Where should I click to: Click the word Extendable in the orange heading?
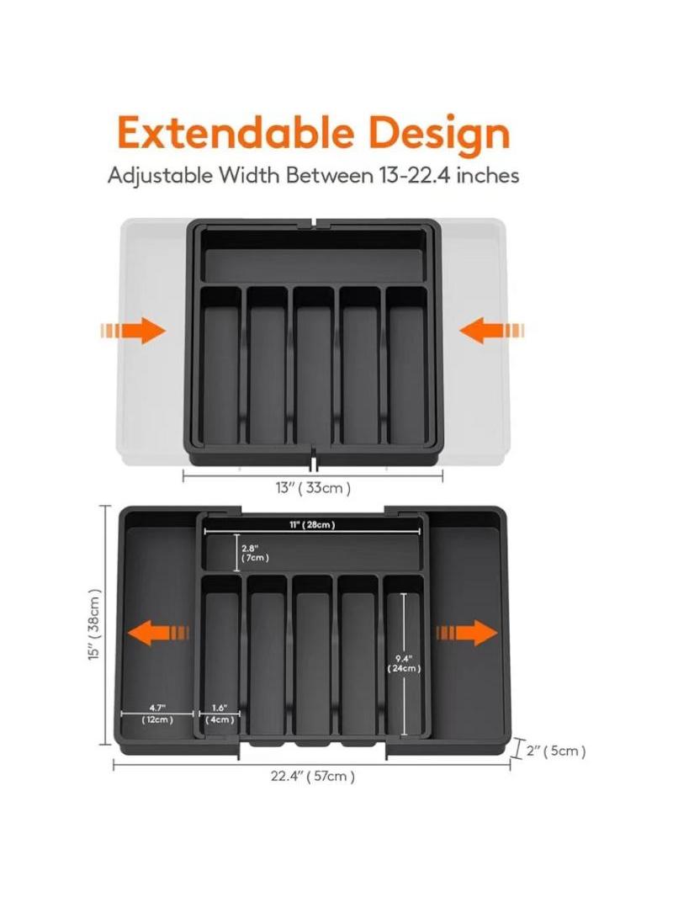click(x=236, y=133)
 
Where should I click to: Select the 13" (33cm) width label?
click(x=313, y=488)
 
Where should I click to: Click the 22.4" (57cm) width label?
click(x=313, y=777)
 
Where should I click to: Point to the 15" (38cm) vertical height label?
click(x=95, y=624)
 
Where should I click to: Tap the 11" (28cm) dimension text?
click(x=311, y=525)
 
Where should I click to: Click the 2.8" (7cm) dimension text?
click(x=254, y=553)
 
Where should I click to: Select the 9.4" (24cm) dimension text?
click(x=404, y=664)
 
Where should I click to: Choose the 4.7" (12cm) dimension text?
click(x=157, y=714)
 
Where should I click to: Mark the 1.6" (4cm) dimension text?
click(x=220, y=714)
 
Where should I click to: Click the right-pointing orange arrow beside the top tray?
click(x=133, y=331)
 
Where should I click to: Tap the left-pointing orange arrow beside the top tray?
click(x=492, y=331)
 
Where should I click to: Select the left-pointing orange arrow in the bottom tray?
click(x=158, y=633)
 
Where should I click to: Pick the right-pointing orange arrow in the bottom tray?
click(x=467, y=633)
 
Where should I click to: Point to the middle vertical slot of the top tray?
click(x=314, y=365)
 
